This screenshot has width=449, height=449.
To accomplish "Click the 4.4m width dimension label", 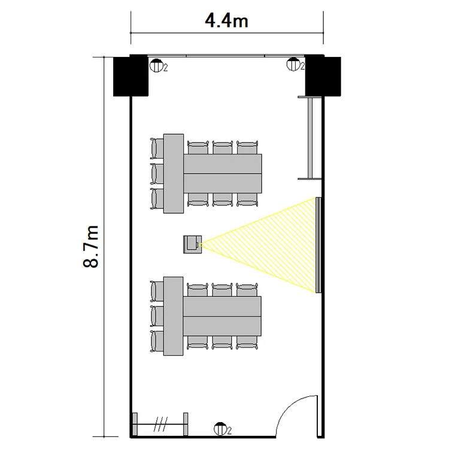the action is click(x=226, y=21).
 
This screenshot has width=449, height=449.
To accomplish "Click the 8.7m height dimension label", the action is click(x=91, y=247).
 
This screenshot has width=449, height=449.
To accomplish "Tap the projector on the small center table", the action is click(x=192, y=244).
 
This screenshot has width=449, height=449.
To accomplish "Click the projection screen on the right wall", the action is click(x=318, y=245).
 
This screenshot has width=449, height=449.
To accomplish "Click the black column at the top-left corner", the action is click(x=131, y=75).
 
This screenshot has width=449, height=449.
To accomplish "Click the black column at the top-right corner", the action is click(x=323, y=75).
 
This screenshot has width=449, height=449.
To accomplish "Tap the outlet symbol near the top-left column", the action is click(x=156, y=66).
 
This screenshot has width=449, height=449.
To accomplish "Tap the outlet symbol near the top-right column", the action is click(x=293, y=64).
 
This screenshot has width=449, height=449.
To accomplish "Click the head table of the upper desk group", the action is click(x=174, y=174).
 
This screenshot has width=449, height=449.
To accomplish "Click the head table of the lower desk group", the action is click(x=173, y=316).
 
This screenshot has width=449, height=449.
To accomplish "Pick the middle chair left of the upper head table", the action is click(x=157, y=174).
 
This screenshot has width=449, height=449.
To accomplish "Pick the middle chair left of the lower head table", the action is click(x=157, y=316).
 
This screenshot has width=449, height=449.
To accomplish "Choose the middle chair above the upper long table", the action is click(x=223, y=147).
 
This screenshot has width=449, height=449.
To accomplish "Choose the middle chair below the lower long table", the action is click(x=222, y=343).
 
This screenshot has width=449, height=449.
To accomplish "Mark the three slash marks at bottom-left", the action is click(x=160, y=424).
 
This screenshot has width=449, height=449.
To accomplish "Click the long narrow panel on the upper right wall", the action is click(x=310, y=138).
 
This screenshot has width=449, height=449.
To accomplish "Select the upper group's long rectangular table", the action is click(x=223, y=174).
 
